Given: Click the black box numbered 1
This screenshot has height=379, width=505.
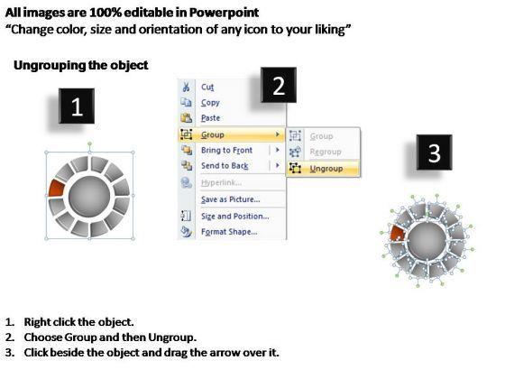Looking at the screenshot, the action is coord(77,106).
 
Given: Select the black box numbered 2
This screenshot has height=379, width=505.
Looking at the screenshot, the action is coord(279,85).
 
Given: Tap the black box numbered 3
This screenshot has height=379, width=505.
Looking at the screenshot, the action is coord(434,153).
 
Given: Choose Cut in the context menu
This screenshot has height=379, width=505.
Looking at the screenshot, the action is coord(207,87).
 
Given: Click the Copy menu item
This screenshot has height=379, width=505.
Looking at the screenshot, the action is coord(210,103).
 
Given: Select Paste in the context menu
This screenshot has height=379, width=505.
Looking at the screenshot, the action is coord(211,118).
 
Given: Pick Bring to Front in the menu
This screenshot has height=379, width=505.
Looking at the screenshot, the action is coord(226,150).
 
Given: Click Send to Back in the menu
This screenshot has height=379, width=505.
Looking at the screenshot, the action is coord(225,166).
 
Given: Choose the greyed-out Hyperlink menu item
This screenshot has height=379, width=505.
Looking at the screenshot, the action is coord(221,182).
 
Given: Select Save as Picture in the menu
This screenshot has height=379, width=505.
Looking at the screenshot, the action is coord(231,199).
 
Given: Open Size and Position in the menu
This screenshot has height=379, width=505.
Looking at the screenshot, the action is coord(235,217).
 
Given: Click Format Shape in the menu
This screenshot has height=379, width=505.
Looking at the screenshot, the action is coord(229,232).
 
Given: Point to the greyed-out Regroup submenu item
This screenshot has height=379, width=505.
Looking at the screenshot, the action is coord(326,152).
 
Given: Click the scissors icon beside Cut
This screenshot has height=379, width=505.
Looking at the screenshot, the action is coord(186,87).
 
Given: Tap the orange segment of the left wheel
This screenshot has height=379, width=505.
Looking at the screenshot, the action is coord(56,189).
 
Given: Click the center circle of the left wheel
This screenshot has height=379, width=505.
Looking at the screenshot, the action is coord(89,197).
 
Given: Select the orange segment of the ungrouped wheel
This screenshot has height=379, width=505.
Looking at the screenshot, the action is coord(398,233).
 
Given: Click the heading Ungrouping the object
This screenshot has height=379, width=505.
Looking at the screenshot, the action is coord(81,65).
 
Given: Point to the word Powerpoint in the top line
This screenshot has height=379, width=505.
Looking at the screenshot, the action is coord(224,13).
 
